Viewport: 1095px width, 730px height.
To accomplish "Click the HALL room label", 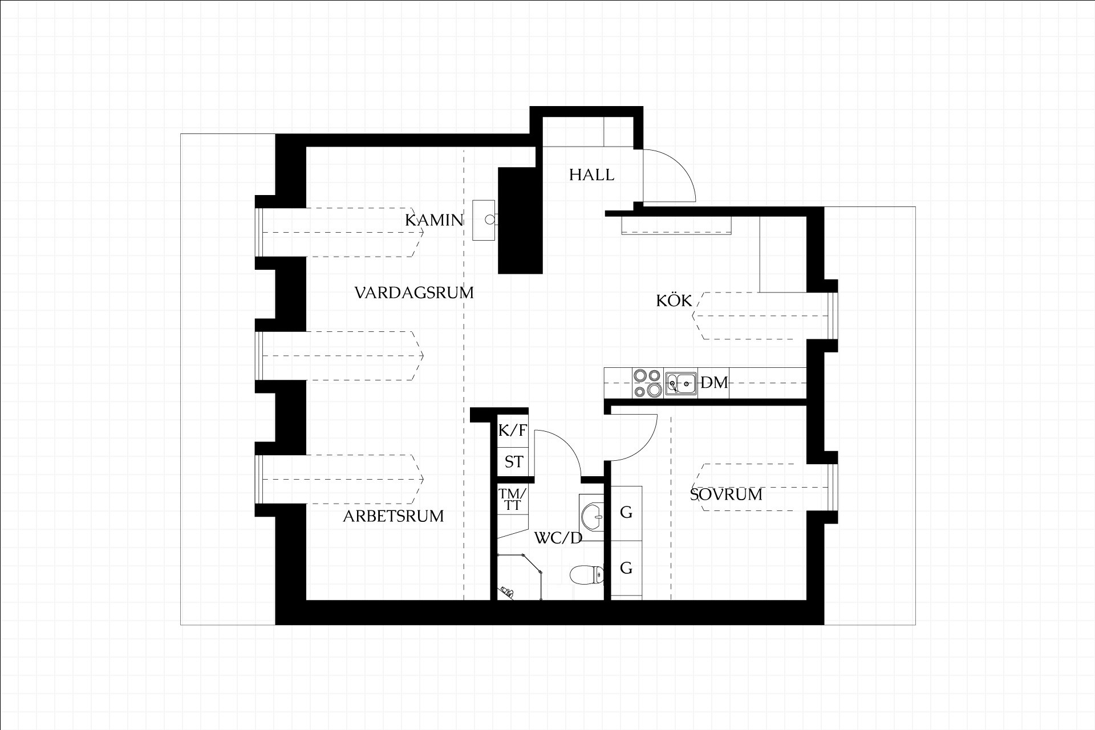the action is [x=591, y=175].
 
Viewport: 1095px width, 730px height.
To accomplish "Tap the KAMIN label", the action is [x=434, y=220].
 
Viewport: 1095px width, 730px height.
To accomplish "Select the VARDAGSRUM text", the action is [x=414, y=293].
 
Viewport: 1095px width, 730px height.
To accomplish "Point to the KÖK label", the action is [x=674, y=300].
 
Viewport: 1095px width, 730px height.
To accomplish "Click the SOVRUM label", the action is [x=726, y=494].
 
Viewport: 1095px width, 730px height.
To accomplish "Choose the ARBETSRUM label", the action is [x=393, y=517].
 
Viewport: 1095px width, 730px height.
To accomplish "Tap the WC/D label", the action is [x=558, y=538].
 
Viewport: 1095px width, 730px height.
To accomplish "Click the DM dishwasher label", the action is [x=714, y=383].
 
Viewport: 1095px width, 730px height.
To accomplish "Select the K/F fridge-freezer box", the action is [x=513, y=430].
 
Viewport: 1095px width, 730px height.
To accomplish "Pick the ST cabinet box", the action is [x=513, y=461].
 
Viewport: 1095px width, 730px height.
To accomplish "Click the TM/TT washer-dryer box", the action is [x=513, y=500].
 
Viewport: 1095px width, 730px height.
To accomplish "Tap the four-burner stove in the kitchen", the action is [x=647, y=383].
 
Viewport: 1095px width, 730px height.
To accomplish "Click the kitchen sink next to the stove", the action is [x=681, y=383].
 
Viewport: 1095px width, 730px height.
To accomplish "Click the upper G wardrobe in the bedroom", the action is [x=626, y=513].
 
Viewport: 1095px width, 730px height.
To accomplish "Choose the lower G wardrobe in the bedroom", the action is [x=626, y=569].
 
